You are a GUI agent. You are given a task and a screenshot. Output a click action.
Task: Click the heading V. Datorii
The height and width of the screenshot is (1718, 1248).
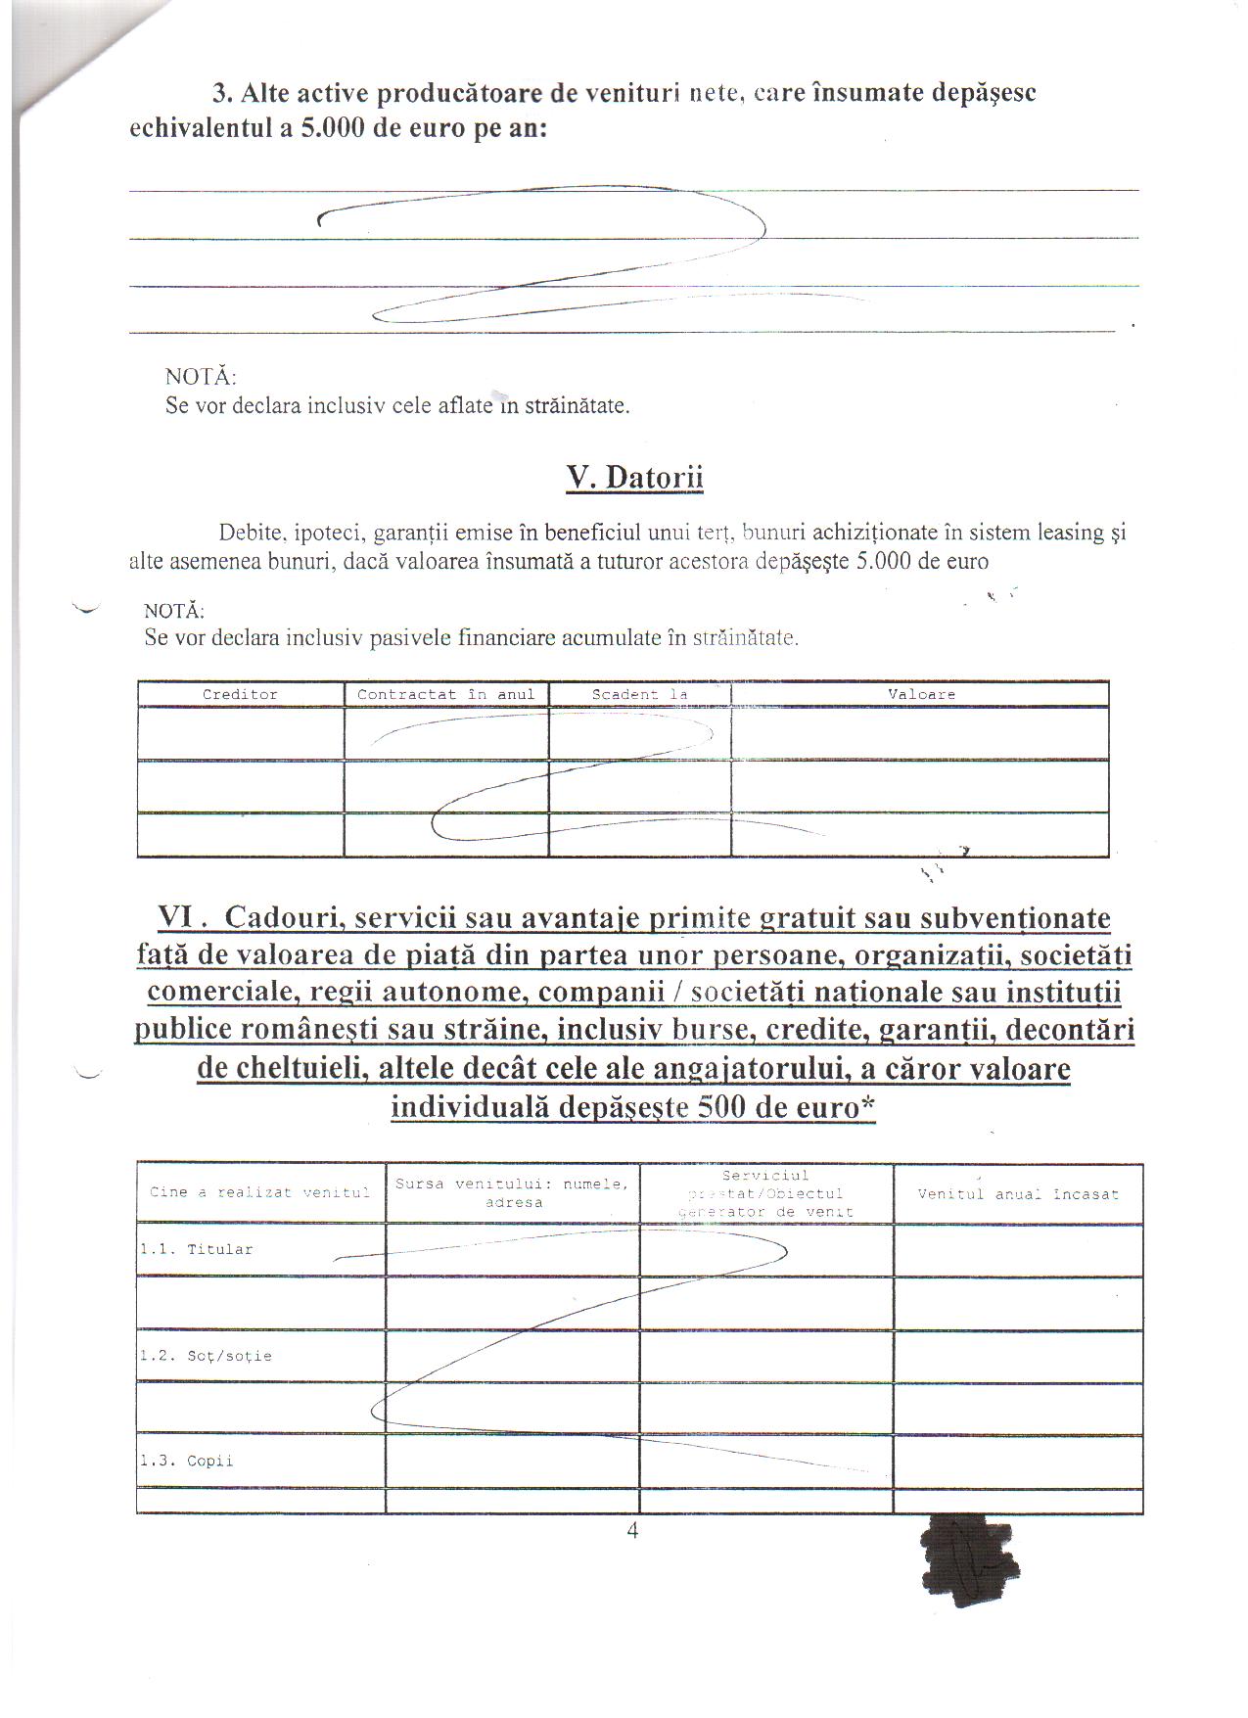tap(634, 478)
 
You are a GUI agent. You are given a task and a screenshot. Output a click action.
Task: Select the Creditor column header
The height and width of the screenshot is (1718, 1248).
tap(240, 694)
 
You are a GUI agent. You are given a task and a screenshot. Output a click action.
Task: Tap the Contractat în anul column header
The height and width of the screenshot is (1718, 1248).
tap(445, 694)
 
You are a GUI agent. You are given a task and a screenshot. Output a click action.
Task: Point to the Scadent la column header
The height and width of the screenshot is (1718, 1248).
tap(639, 694)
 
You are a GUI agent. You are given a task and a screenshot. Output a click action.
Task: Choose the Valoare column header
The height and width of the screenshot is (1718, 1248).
tap(921, 694)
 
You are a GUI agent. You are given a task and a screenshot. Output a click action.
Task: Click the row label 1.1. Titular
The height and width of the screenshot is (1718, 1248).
tap(197, 1250)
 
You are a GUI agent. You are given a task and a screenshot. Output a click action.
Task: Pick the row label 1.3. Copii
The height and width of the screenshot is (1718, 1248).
tap(187, 1462)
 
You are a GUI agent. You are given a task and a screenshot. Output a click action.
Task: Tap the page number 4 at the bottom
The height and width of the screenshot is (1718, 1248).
tap(632, 1531)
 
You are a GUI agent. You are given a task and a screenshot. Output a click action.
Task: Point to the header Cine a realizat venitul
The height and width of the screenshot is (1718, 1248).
tap(259, 1192)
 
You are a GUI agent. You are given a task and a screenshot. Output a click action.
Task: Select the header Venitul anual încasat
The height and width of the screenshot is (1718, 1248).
tap(1018, 1194)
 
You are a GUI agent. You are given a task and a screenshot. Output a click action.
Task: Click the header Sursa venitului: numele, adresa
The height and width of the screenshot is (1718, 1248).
tap(512, 1193)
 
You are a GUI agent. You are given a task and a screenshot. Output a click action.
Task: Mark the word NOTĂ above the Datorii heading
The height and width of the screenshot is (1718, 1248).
tap(201, 377)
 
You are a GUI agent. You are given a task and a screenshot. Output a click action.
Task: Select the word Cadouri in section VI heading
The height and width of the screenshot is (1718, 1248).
tap(284, 918)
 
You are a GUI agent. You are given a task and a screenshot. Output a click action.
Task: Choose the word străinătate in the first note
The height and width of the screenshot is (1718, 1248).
tap(577, 405)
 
